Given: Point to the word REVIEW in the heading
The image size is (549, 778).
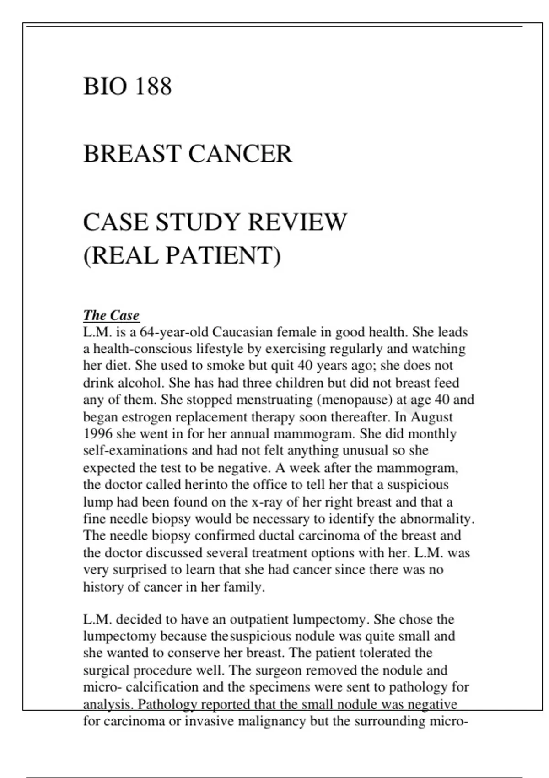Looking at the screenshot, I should (297, 222).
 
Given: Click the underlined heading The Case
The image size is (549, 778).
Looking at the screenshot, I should (111, 315).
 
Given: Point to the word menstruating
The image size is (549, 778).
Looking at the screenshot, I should (272, 400).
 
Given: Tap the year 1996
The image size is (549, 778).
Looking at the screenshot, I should (97, 433).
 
